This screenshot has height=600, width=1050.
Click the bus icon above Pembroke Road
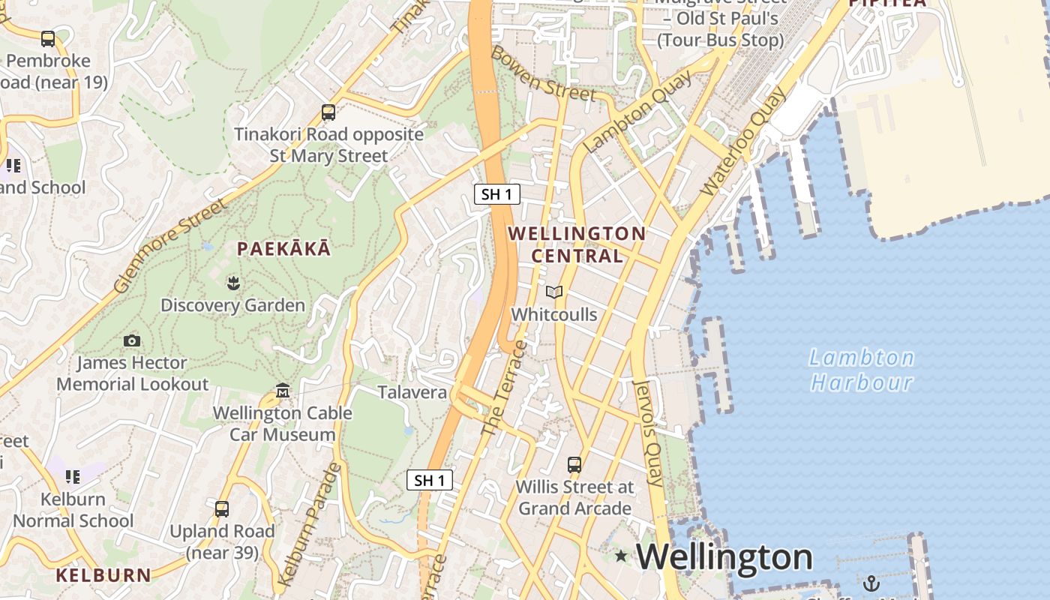[48, 38]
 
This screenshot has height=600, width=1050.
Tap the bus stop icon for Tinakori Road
[328, 112]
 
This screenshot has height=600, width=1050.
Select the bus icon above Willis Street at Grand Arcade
[574, 464]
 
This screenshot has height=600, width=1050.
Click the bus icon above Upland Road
[222, 509]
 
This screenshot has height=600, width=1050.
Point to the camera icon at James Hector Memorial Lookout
[132, 340]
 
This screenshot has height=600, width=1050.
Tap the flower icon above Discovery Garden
[232, 283]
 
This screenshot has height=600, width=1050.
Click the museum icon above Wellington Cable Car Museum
[283, 391]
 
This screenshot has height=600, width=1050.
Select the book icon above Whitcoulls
[554, 292]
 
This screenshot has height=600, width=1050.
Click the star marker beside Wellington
[621, 556]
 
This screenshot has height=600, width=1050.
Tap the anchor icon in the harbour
[871, 583]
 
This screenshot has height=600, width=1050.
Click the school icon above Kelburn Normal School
[73, 476]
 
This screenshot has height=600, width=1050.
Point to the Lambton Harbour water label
[862, 370]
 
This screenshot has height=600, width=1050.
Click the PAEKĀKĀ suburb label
[283, 248]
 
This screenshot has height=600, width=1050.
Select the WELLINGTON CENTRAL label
[577, 244]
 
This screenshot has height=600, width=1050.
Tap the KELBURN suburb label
[103, 575]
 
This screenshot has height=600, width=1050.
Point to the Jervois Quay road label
[649, 433]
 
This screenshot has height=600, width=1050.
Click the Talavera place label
[412, 392]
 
